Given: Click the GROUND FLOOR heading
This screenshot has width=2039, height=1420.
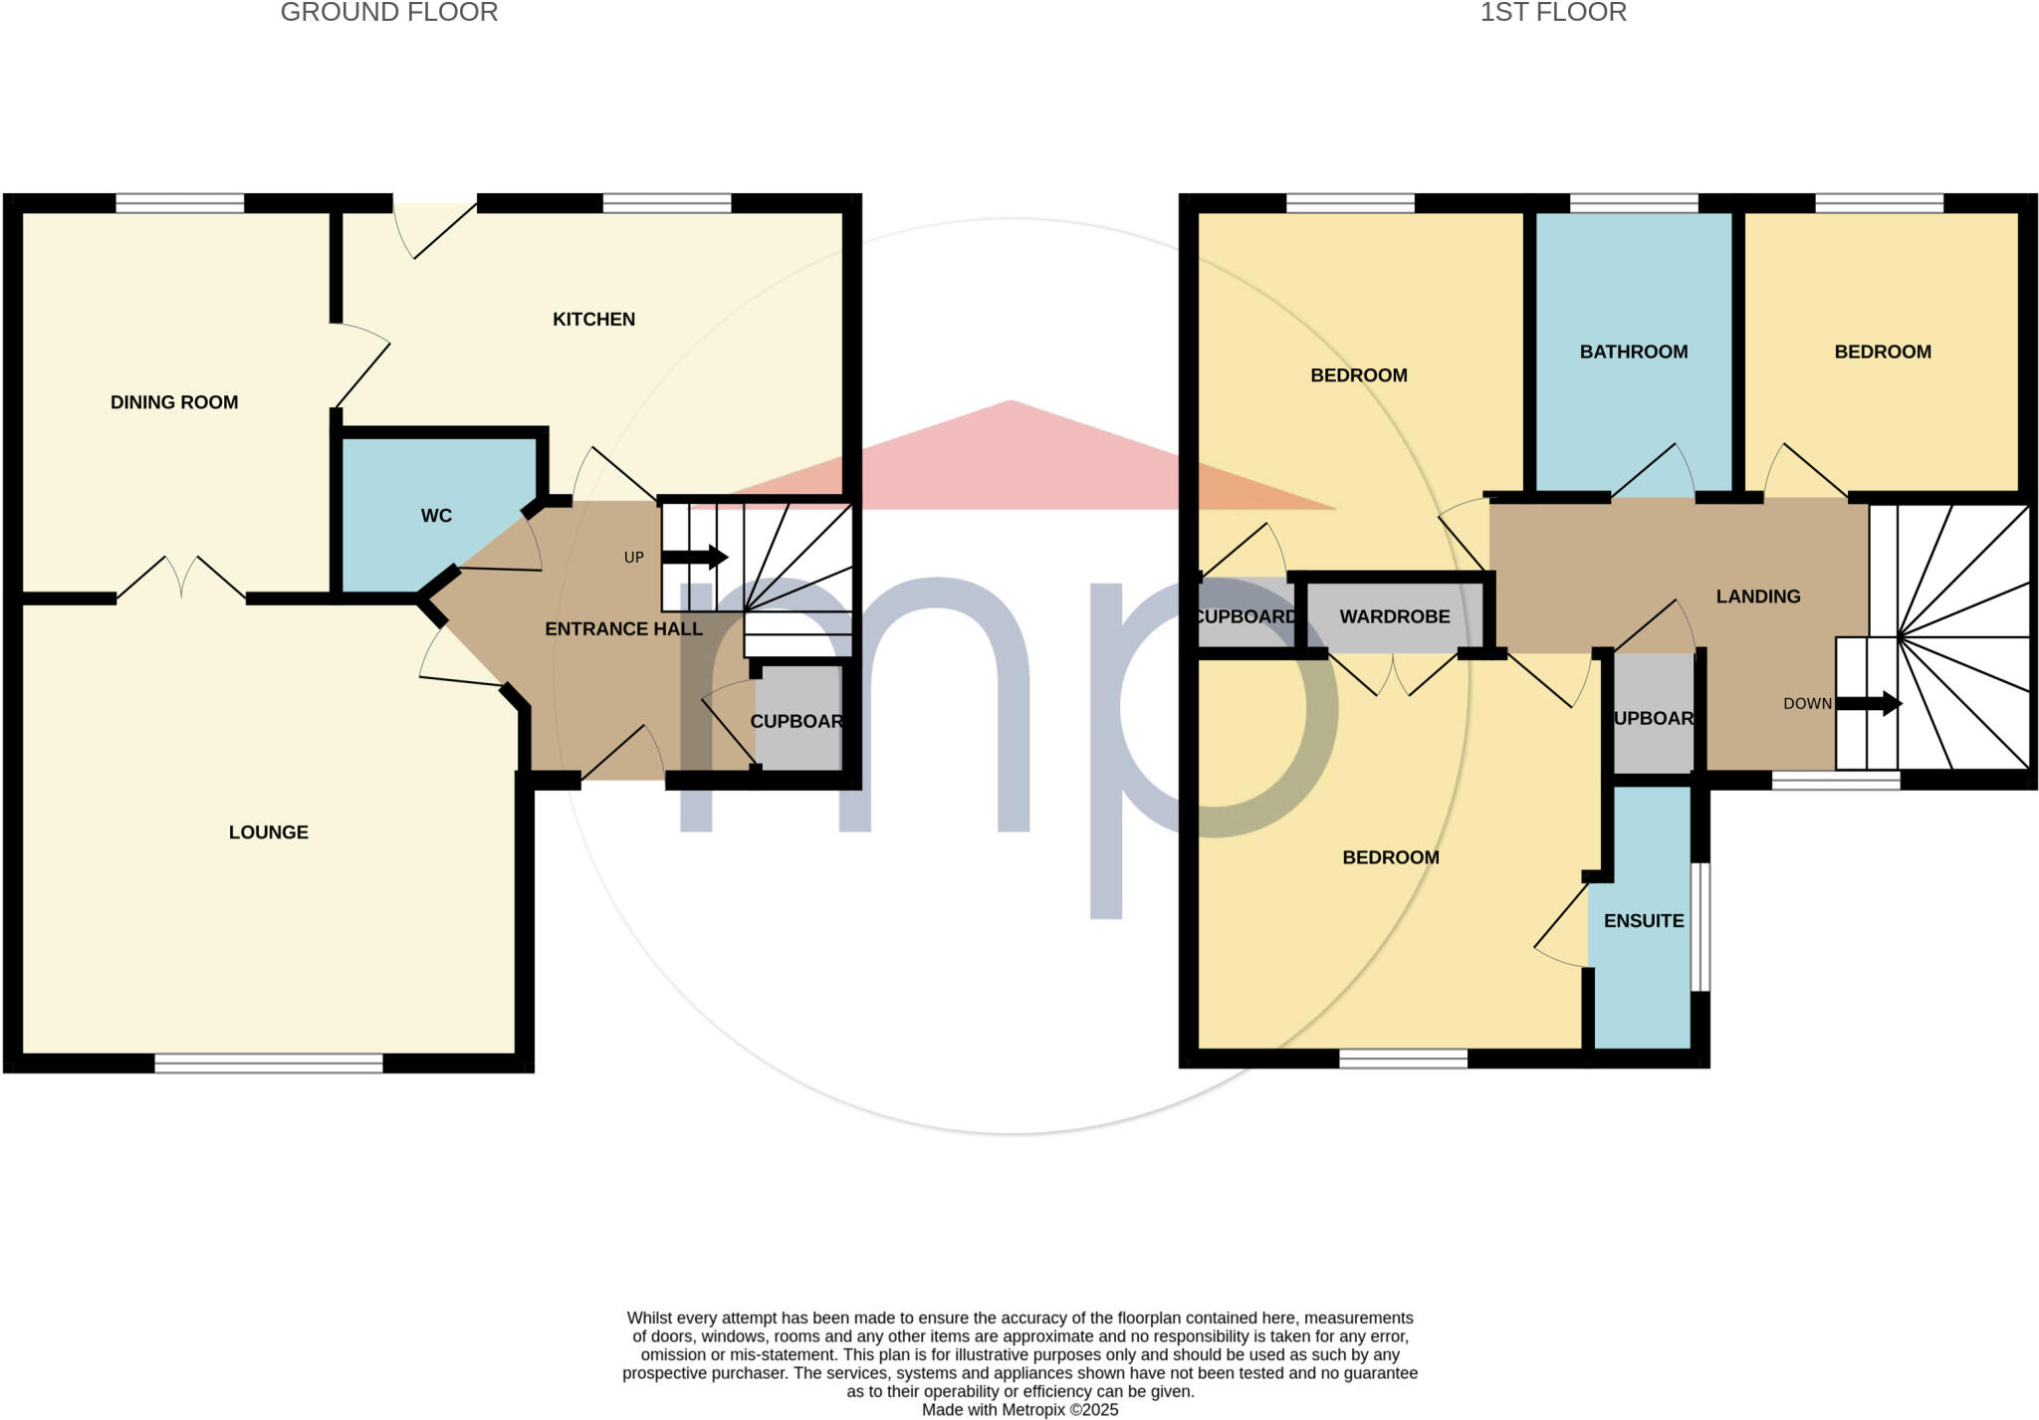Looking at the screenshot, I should [389, 13].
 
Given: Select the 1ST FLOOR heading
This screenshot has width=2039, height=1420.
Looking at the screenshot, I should [1552, 13].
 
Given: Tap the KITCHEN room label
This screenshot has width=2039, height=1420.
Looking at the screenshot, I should [593, 320].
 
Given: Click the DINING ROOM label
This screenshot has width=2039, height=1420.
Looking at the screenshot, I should [174, 402].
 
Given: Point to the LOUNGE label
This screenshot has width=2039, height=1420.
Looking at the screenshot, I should [269, 832].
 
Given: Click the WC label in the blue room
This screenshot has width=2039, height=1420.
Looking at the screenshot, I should [436, 516].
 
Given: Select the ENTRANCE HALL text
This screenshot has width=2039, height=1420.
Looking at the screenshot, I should [624, 629].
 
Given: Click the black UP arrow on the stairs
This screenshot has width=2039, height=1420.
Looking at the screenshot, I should [694, 557].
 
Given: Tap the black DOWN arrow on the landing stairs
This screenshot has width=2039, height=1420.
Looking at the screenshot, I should [1869, 703].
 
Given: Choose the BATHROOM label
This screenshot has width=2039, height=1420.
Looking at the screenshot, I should [1634, 352].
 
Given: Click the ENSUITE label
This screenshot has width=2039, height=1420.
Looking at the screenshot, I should [1644, 921].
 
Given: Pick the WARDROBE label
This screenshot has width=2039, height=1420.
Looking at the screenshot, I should [1394, 616].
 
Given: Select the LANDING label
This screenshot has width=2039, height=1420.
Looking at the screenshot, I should [1757, 596].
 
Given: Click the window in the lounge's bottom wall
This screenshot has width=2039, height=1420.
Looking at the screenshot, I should [269, 1063].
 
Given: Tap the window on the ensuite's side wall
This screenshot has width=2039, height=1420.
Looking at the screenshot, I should [1700, 927].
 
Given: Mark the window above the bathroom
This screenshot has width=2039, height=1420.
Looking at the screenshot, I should [1634, 203].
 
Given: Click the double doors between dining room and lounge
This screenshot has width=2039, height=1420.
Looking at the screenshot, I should [181, 583].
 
